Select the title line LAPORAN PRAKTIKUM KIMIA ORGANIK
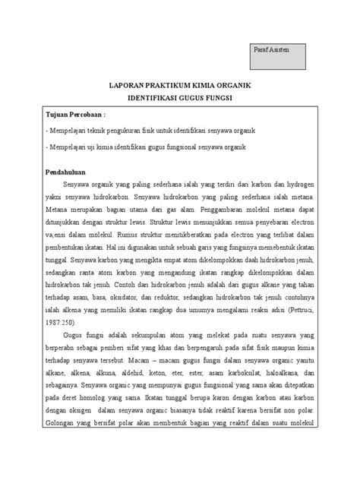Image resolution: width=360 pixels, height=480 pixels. [180, 86]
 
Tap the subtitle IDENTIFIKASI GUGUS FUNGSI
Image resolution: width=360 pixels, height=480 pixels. [180, 99]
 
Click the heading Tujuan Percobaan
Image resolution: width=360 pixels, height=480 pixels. [75, 115]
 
